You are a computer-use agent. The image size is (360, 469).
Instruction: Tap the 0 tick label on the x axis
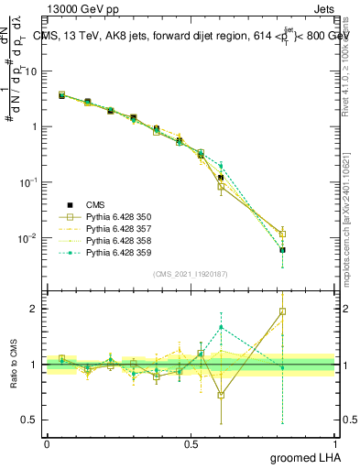pos(47,443)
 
